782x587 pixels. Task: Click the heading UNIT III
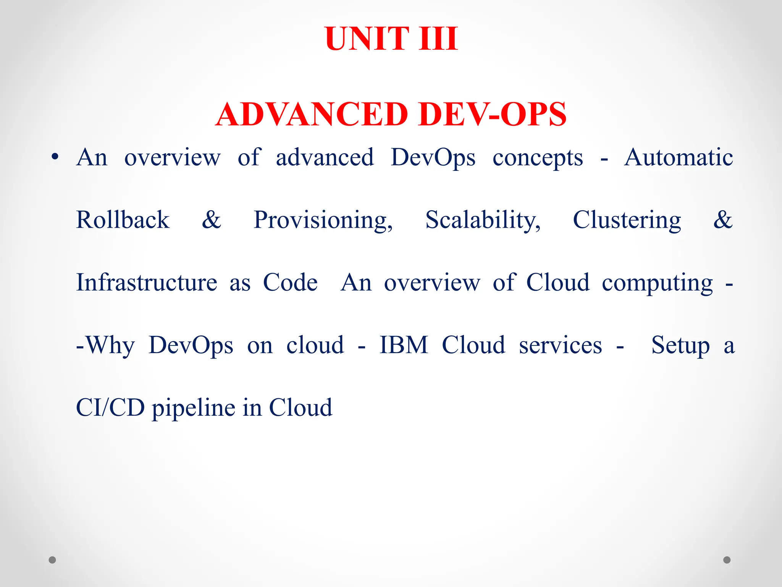[391, 39]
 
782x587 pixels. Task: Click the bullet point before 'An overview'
[55, 157]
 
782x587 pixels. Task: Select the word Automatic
[678, 157]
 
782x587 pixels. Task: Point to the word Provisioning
[323, 221]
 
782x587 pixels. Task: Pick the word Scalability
[483, 221]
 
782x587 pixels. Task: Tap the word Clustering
[627, 221]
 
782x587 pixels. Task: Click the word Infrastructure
[147, 282]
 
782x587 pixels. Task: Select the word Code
[290, 282]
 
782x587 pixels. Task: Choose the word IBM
[404, 345]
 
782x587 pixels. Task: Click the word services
[560, 345]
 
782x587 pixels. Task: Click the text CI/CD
[110, 407]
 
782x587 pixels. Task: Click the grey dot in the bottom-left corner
[52, 560]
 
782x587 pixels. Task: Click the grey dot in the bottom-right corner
[727, 560]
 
